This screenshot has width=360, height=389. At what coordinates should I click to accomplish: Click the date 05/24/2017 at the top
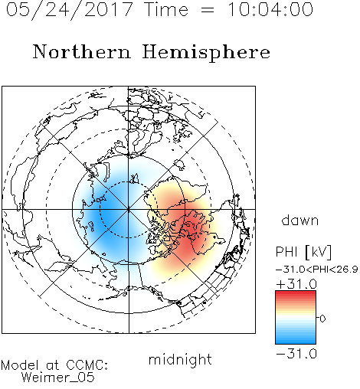(70, 10)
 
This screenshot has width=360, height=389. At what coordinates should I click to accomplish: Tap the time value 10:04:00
(270, 9)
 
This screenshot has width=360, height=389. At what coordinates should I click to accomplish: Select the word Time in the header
(166, 9)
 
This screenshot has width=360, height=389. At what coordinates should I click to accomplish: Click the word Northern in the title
(82, 51)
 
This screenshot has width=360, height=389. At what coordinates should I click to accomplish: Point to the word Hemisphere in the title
(206, 53)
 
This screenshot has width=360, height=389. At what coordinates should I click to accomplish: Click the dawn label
(300, 220)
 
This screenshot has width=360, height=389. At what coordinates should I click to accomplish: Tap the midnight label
(180, 360)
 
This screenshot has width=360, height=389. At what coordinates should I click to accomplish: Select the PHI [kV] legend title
(303, 252)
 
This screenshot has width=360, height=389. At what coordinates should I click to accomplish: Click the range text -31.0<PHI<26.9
(317, 270)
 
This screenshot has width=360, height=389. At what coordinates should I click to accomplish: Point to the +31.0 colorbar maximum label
(296, 284)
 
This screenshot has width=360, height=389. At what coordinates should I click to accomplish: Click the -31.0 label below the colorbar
(296, 354)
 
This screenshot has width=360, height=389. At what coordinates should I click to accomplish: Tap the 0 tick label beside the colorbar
(322, 319)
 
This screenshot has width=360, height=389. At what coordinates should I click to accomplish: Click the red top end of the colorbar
(296, 293)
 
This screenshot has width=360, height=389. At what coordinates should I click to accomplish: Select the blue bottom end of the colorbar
(296, 342)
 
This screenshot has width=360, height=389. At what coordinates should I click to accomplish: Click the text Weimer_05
(58, 378)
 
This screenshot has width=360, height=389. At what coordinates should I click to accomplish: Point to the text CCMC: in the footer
(87, 365)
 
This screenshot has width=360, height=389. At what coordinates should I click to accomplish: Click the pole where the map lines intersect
(129, 209)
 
